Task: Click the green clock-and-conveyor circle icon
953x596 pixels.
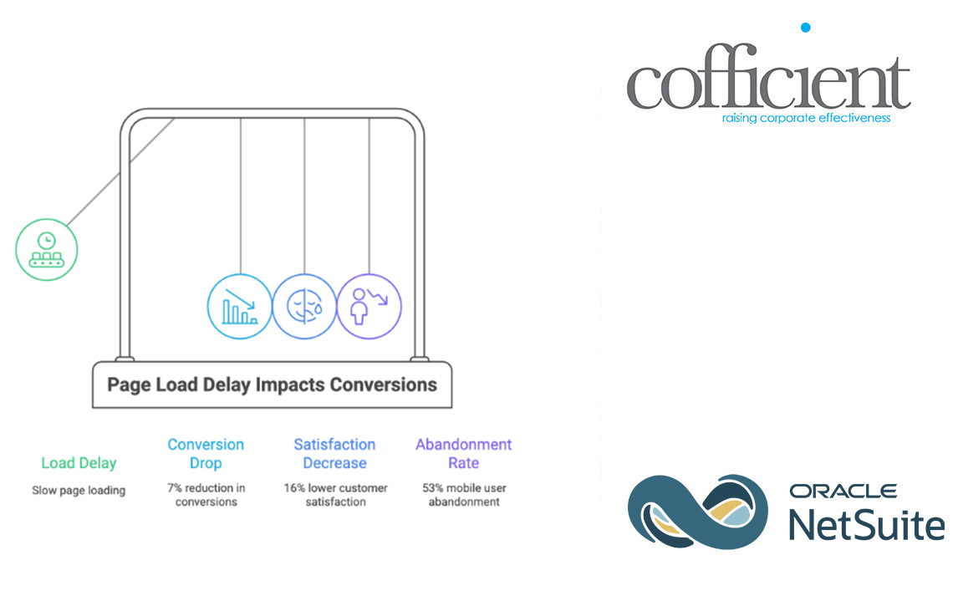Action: [47, 249]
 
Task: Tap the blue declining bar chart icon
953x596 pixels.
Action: [239, 306]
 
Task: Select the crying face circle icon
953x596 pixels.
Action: [304, 306]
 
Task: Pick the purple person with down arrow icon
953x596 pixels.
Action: [369, 306]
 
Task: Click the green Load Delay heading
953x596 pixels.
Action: [79, 463]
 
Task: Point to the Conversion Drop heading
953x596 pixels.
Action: [206, 454]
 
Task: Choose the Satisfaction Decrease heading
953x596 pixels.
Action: [334, 454]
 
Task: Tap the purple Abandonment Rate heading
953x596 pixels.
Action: [463, 454]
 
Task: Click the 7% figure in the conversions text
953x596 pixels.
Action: [173, 487]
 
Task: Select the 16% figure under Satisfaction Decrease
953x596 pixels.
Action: [294, 487]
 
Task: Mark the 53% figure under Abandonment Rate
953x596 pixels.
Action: [433, 487]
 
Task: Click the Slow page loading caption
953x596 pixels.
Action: [79, 490]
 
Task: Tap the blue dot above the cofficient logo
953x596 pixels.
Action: [805, 28]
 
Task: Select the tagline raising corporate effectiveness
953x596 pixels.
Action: [806, 119]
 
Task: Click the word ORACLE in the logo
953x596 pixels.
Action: [843, 492]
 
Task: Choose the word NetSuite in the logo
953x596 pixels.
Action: [866, 525]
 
